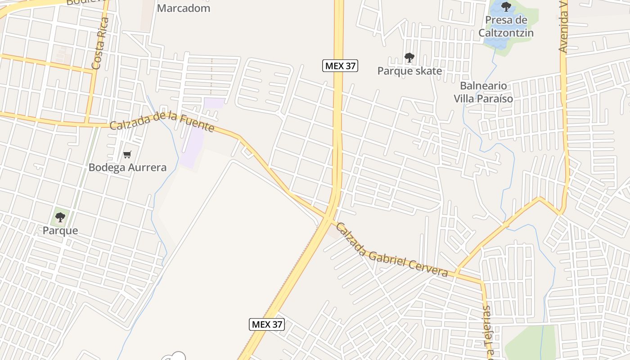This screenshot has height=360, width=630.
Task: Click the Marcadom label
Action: click(x=184, y=8)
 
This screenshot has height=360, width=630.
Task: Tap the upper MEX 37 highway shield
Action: click(x=340, y=66)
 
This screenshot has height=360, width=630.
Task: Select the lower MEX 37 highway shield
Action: click(x=267, y=324)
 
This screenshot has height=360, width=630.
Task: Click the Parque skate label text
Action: click(x=409, y=71)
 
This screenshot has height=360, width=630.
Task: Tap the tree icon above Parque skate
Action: click(x=409, y=58)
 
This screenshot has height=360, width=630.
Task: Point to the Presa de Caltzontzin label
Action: click(x=506, y=26)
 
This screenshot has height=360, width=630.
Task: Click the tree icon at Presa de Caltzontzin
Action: click(x=506, y=7)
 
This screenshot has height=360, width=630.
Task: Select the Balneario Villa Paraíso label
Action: click(x=483, y=92)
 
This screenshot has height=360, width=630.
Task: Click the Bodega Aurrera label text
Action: click(x=127, y=167)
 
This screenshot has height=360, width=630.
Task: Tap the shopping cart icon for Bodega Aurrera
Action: click(x=127, y=155)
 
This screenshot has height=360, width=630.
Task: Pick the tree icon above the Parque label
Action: click(x=60, y=218)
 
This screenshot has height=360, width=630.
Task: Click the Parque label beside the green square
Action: click(x=60, y=231)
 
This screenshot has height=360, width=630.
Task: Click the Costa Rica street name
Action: click(x=101, y=44)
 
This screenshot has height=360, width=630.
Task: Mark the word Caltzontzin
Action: click(x=506, y=33)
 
